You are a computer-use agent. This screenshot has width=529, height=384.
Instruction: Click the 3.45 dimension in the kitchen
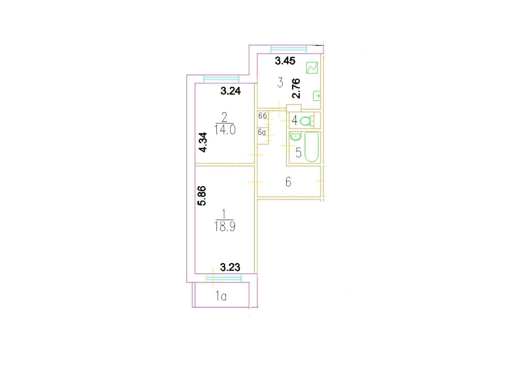285,61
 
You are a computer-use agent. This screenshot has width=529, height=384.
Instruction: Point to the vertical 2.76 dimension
296,88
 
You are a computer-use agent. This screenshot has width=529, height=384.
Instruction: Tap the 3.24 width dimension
230,91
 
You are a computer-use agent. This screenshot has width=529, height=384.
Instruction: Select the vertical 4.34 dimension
203,143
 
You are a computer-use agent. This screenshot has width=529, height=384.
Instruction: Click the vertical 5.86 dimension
202,196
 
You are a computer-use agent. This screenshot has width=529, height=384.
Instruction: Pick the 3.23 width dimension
230,267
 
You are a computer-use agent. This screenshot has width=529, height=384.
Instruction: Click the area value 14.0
225,130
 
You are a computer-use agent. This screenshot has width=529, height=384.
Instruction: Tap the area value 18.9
225,226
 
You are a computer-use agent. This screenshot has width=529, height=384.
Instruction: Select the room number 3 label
280,82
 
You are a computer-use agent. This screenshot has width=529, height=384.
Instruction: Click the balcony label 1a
221,296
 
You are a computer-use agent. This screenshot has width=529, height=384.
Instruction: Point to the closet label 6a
262,132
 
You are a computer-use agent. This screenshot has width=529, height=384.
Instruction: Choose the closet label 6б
262,116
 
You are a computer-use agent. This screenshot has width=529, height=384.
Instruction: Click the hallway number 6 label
288,182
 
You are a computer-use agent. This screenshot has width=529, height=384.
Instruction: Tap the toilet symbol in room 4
307,121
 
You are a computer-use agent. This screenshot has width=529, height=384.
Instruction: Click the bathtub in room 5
312,147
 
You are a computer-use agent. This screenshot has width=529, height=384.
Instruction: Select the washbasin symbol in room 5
295,136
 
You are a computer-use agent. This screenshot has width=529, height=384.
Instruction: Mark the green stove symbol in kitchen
312,68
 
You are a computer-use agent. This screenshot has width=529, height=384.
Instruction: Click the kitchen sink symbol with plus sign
317,96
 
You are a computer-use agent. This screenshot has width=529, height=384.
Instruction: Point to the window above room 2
221,79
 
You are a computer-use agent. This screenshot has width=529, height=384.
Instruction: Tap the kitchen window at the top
288,49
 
